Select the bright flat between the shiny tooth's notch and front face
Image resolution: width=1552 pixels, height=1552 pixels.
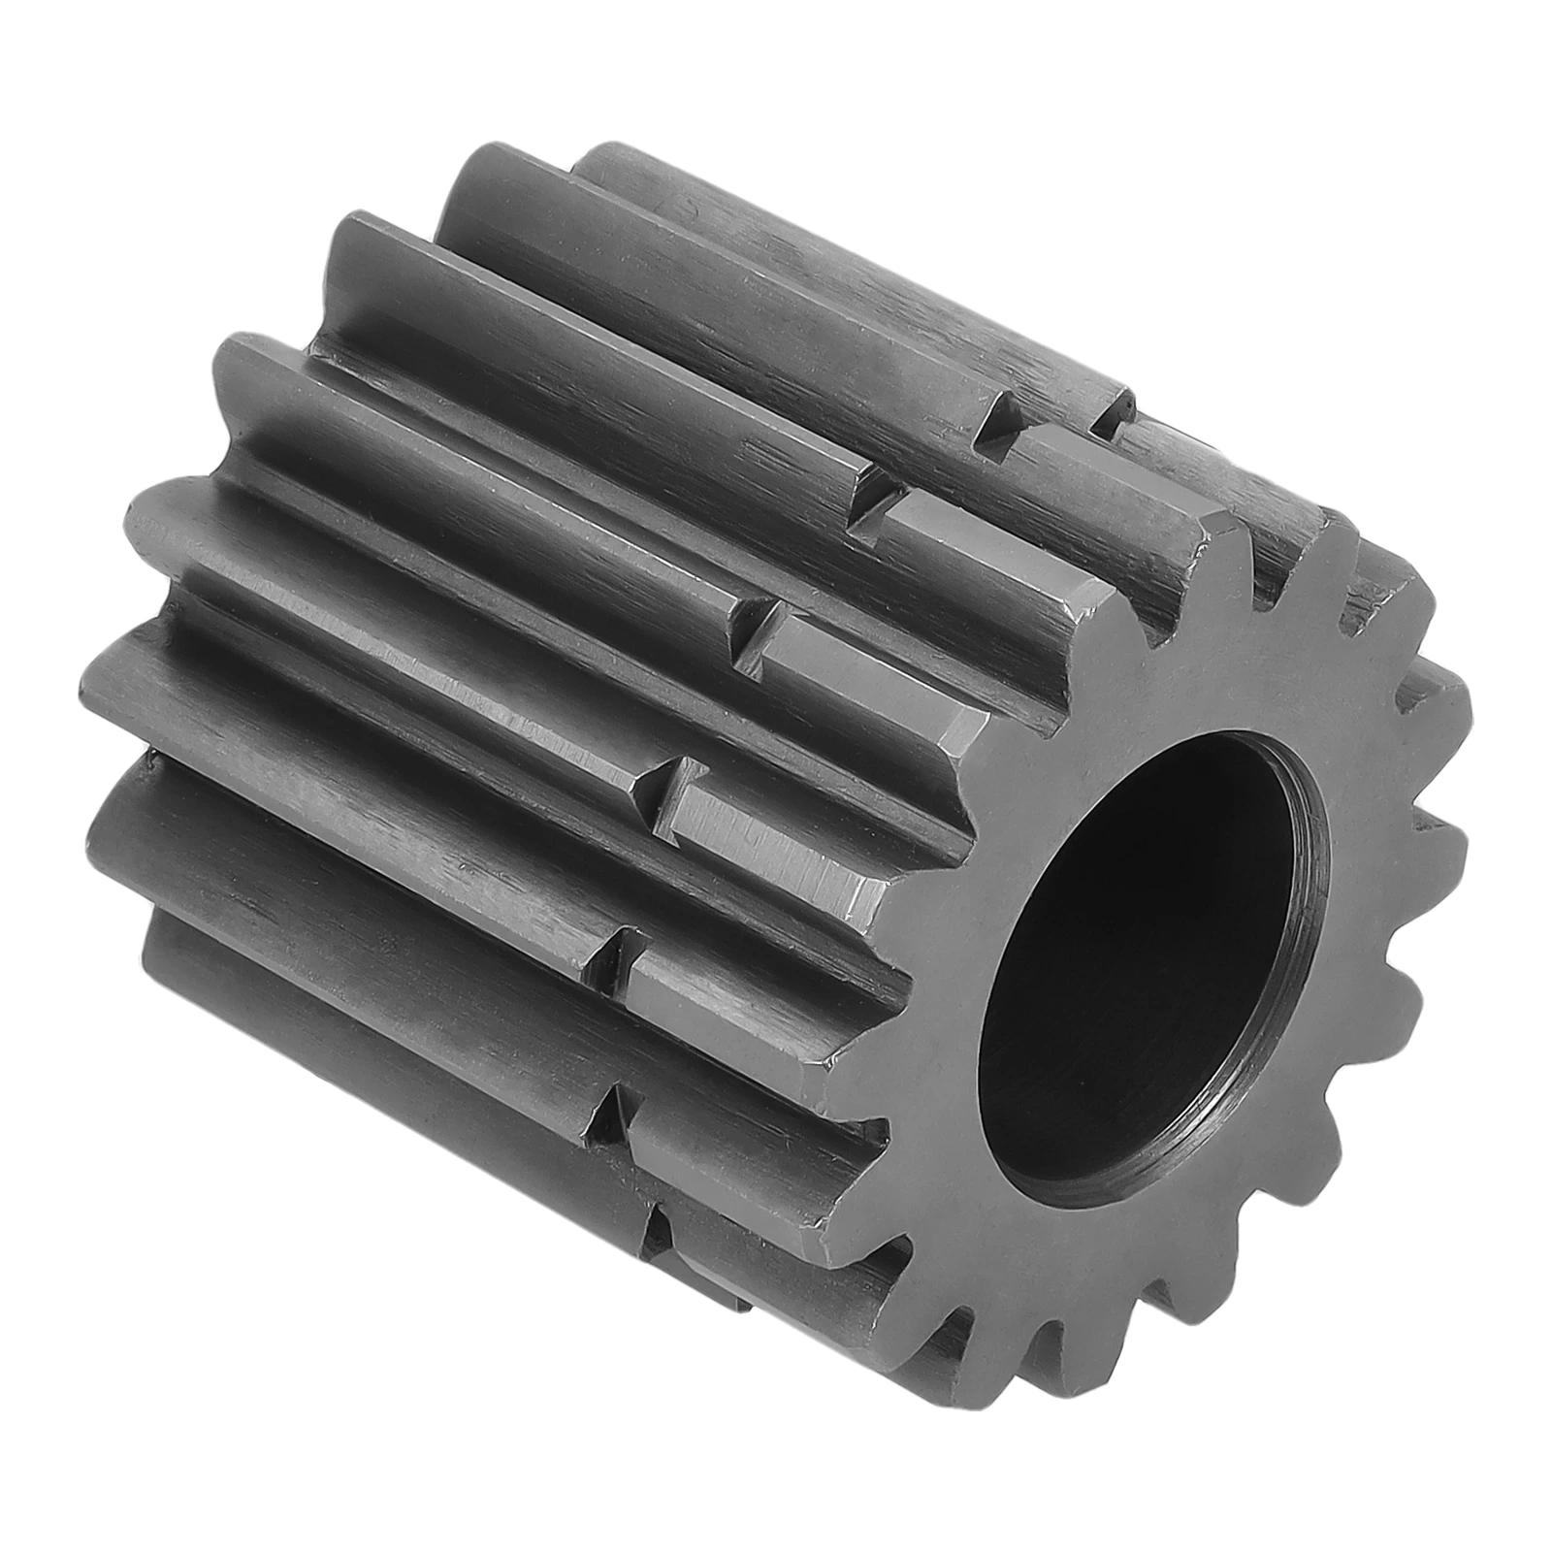pyautogui.click(x=776, y=834)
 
